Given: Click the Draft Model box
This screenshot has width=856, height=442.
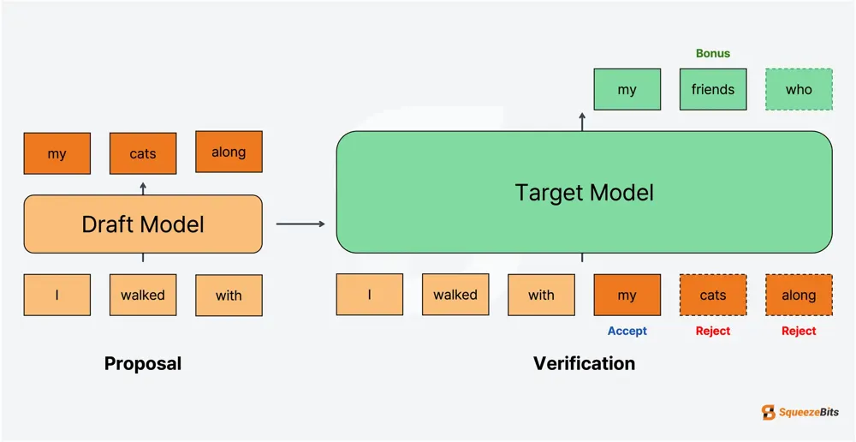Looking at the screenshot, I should point(143,224).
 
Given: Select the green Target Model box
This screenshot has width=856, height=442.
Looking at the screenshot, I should point(584,192).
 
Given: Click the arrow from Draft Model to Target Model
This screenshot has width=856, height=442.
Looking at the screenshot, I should point(300,224).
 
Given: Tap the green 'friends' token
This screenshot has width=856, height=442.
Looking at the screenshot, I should point(713,89).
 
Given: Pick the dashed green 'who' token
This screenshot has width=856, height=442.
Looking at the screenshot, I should point(799,89).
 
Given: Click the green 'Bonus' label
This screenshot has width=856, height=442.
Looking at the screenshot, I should point(713,53).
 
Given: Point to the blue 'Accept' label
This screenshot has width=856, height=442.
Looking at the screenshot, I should point(627,331).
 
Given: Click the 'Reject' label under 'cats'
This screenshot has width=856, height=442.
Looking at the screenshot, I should point(713,331).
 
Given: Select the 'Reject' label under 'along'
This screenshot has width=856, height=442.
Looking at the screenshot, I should point(799,331).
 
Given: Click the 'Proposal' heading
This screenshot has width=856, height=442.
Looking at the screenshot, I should point(143,363).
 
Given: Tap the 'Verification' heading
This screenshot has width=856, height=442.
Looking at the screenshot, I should point(584,363).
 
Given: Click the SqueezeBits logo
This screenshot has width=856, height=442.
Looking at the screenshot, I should point(800,413).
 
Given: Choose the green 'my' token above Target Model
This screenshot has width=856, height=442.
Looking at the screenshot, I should point(627,89).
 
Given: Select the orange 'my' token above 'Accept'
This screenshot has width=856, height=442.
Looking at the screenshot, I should point(627,295).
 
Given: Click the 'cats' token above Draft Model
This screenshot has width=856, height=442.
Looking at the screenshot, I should point(143,153).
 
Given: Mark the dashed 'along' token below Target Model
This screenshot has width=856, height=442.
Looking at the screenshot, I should point(799,295).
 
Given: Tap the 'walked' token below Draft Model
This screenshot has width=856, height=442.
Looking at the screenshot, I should point(143,295).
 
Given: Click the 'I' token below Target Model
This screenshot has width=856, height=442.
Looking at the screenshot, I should point(369,295).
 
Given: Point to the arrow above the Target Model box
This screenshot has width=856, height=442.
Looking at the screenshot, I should point(583,121).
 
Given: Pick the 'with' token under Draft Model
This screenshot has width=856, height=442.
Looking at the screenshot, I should point(229,295).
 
